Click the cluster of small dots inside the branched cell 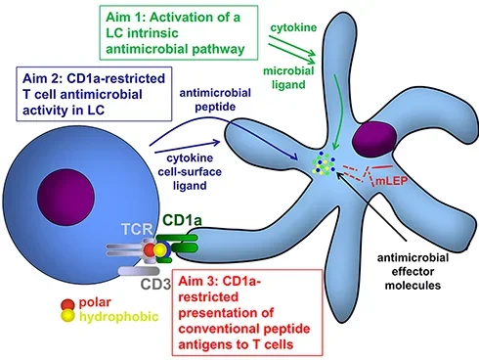pos(318,165)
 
